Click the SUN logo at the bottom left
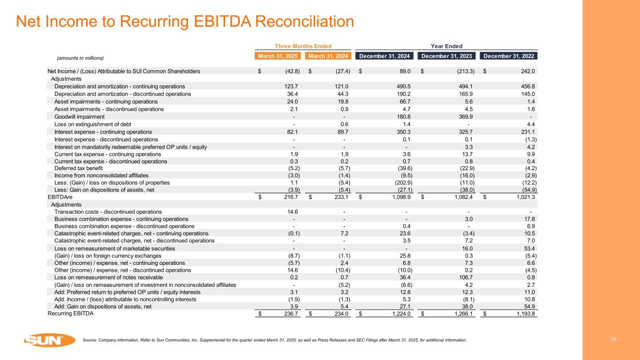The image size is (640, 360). tap(50, 340)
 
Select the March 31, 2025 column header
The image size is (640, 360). tap(278, 56)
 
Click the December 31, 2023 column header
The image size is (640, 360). tap(448, 56)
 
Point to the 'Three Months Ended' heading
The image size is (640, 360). tap(303, 46)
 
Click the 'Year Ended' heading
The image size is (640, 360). tap(447, 46)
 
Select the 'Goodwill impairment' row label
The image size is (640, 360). tap(79, 116)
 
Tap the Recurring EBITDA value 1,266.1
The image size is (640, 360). tap(463, 314)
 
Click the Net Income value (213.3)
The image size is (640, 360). tap(463, 71)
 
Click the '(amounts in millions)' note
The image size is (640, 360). tap(80, 58)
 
